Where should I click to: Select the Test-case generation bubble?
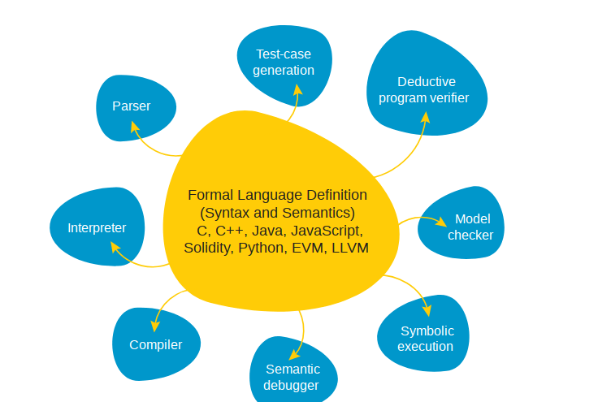(283, 62)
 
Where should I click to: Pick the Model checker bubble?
(464, 227)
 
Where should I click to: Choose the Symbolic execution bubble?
(425, 338)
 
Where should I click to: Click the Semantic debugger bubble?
(292, 377)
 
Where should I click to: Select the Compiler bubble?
(155, 344)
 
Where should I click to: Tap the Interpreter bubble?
(97, 227)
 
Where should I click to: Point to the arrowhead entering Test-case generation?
(297, 89)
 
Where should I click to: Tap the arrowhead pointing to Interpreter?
(115, 246)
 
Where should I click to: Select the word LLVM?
(350, 248)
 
